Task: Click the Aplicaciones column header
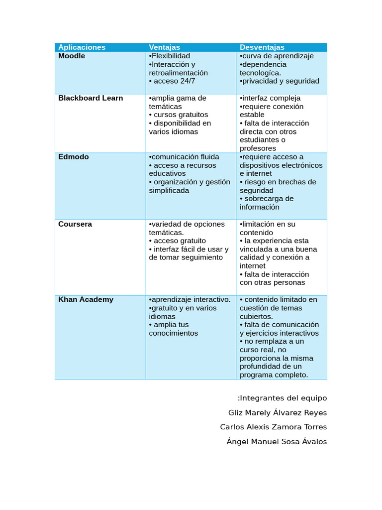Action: (x=82, y=47)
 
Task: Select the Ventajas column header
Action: (x=165, y=47)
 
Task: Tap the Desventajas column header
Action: (x=262, y=47)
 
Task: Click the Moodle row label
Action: (x=72, y=56)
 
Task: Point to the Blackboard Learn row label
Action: (x=91, y=98)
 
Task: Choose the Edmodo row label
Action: (x=74, y=157)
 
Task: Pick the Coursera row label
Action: (x=75, y=224)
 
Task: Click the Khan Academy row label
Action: (x=86, y=299)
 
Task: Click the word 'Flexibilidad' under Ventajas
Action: (x=171, y=56)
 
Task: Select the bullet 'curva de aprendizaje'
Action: (x=278, y=56)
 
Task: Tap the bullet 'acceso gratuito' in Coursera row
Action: (x=180, y=241)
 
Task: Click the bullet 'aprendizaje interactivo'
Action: (x=191, y=299)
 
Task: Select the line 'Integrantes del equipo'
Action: (x=283, y=398)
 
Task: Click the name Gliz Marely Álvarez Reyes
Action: (x=278, y=413)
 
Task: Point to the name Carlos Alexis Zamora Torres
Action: (x=274, y=427)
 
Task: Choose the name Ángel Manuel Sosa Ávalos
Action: (x=277, y=442)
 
